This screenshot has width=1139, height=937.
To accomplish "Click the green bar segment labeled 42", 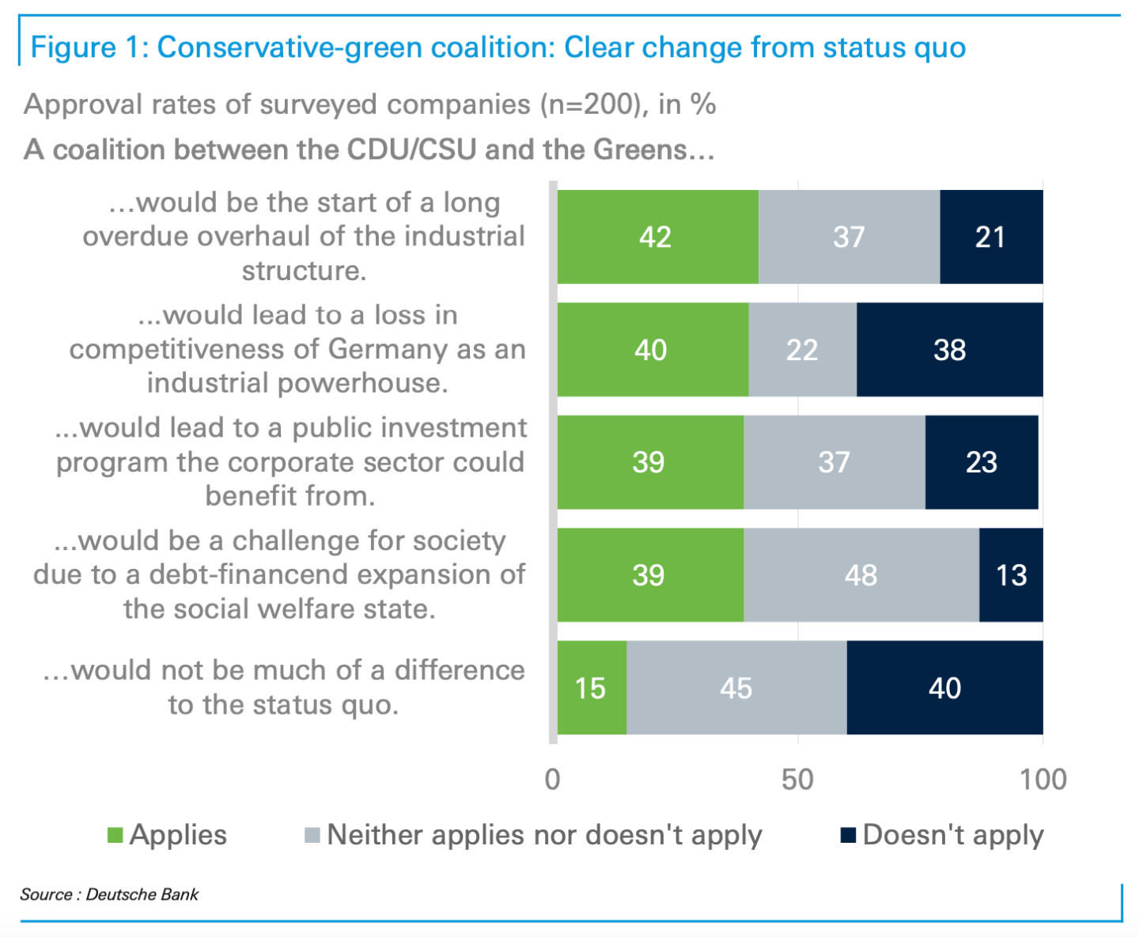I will (657, 237).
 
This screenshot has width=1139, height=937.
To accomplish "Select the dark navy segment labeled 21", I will (991, 237).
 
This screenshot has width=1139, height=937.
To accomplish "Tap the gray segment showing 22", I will (802, 350).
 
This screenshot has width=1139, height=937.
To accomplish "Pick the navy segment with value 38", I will (949, 350).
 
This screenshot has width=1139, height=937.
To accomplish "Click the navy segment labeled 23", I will (982, 462).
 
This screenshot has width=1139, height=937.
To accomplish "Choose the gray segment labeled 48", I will (861, 575).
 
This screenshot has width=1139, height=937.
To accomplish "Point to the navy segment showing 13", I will (1011, 575).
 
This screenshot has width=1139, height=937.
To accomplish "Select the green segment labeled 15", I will (592, 688).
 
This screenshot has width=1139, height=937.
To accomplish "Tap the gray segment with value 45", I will (736, 688).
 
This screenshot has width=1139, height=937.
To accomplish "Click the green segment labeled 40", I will (653, 350).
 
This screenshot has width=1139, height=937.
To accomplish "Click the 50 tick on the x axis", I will (797, 780).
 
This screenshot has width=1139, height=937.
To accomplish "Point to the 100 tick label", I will (1043, 780).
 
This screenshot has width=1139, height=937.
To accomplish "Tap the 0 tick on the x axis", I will (553, 780).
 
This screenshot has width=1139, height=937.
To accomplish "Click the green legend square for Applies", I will (115, 836).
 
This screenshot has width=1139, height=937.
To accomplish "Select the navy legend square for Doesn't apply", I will (849, 836).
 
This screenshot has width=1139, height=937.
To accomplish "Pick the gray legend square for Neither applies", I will (312, 836).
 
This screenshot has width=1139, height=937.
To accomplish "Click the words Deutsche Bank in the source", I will (142, 894).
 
